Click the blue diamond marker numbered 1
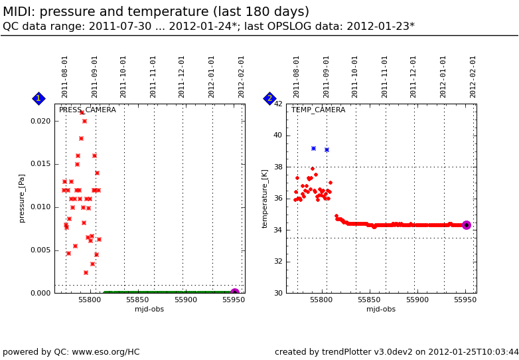tap(38, 98)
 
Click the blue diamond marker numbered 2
tap(269, 98)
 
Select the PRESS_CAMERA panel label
tap(87, 110)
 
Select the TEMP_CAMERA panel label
tap(318, 110)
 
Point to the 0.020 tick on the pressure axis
tap(40, 121)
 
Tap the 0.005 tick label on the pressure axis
tap(40, 250)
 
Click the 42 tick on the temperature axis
tap(278, 104)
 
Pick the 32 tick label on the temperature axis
tap(278, 262)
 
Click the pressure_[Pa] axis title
tap(22, 198)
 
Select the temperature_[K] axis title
tap(265, 198)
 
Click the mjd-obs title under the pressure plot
tap(149, 309)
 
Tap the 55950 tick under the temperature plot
tap(465, 300)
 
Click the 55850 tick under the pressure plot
tap(137, 300)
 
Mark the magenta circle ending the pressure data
tap(235, 293)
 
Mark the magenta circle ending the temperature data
tap(467, 225)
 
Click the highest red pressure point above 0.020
tap(82, 112)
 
